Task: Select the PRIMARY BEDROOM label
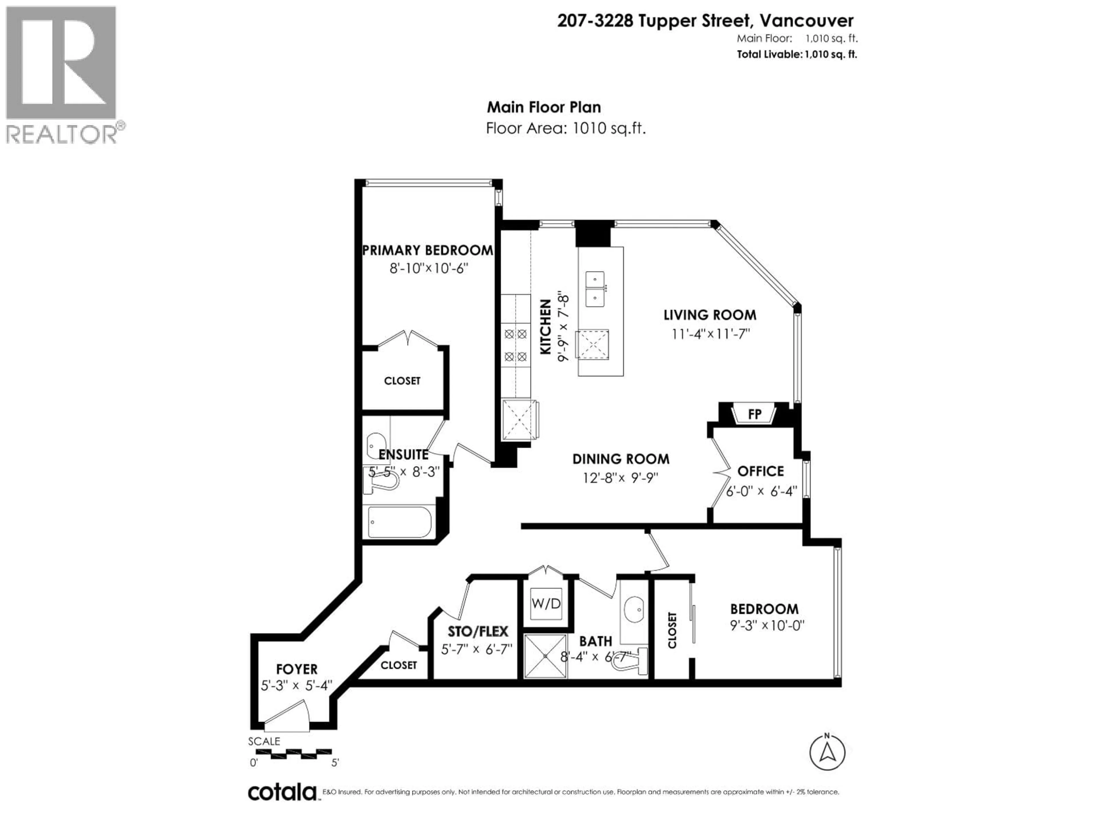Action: tap(427, 250)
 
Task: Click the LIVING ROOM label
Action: tap(710, 315)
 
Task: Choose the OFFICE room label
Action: tap(760, 471)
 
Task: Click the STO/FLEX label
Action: tap(478, 631)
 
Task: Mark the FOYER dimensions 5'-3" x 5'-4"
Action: tap(297, 686)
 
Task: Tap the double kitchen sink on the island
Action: tap(595, 289)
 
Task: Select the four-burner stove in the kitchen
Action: tap(515, 345)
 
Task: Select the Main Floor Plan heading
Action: tap(543, 107)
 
